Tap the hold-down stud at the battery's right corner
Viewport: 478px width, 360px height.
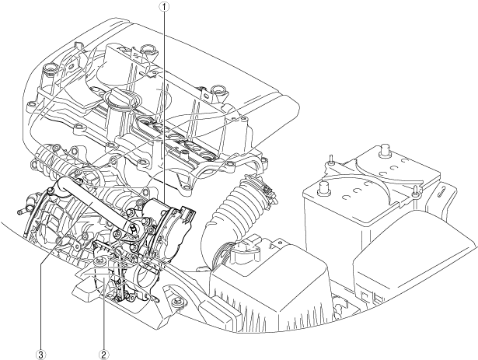[x=418, y=189]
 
